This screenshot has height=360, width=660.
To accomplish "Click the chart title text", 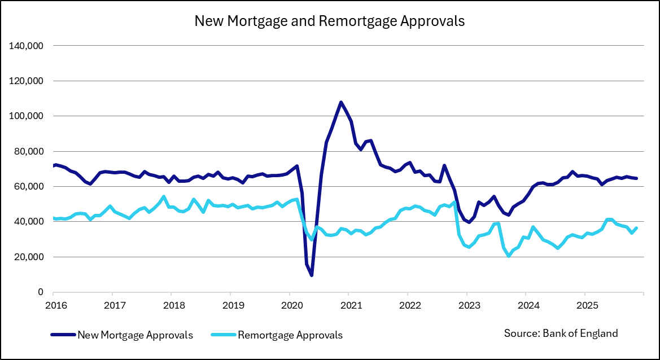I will (330, 21).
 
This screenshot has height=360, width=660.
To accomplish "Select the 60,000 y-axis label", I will (29, 187).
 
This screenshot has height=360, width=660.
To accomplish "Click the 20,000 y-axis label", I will (29, 257).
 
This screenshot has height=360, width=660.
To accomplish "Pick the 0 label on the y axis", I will (41, 292).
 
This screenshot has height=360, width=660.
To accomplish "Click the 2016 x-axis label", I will (53, 305).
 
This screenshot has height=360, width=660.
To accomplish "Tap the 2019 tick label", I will (230, 305).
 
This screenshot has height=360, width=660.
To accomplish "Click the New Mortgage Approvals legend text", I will (135, 335).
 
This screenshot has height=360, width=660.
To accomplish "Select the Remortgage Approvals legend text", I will (290, 335).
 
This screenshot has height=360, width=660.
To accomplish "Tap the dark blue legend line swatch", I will (63, 335).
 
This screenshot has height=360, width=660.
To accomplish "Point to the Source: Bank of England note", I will (561, 333).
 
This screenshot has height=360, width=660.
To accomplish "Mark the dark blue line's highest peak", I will (341, 102).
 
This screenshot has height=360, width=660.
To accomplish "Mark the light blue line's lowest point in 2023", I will (509, 256).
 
